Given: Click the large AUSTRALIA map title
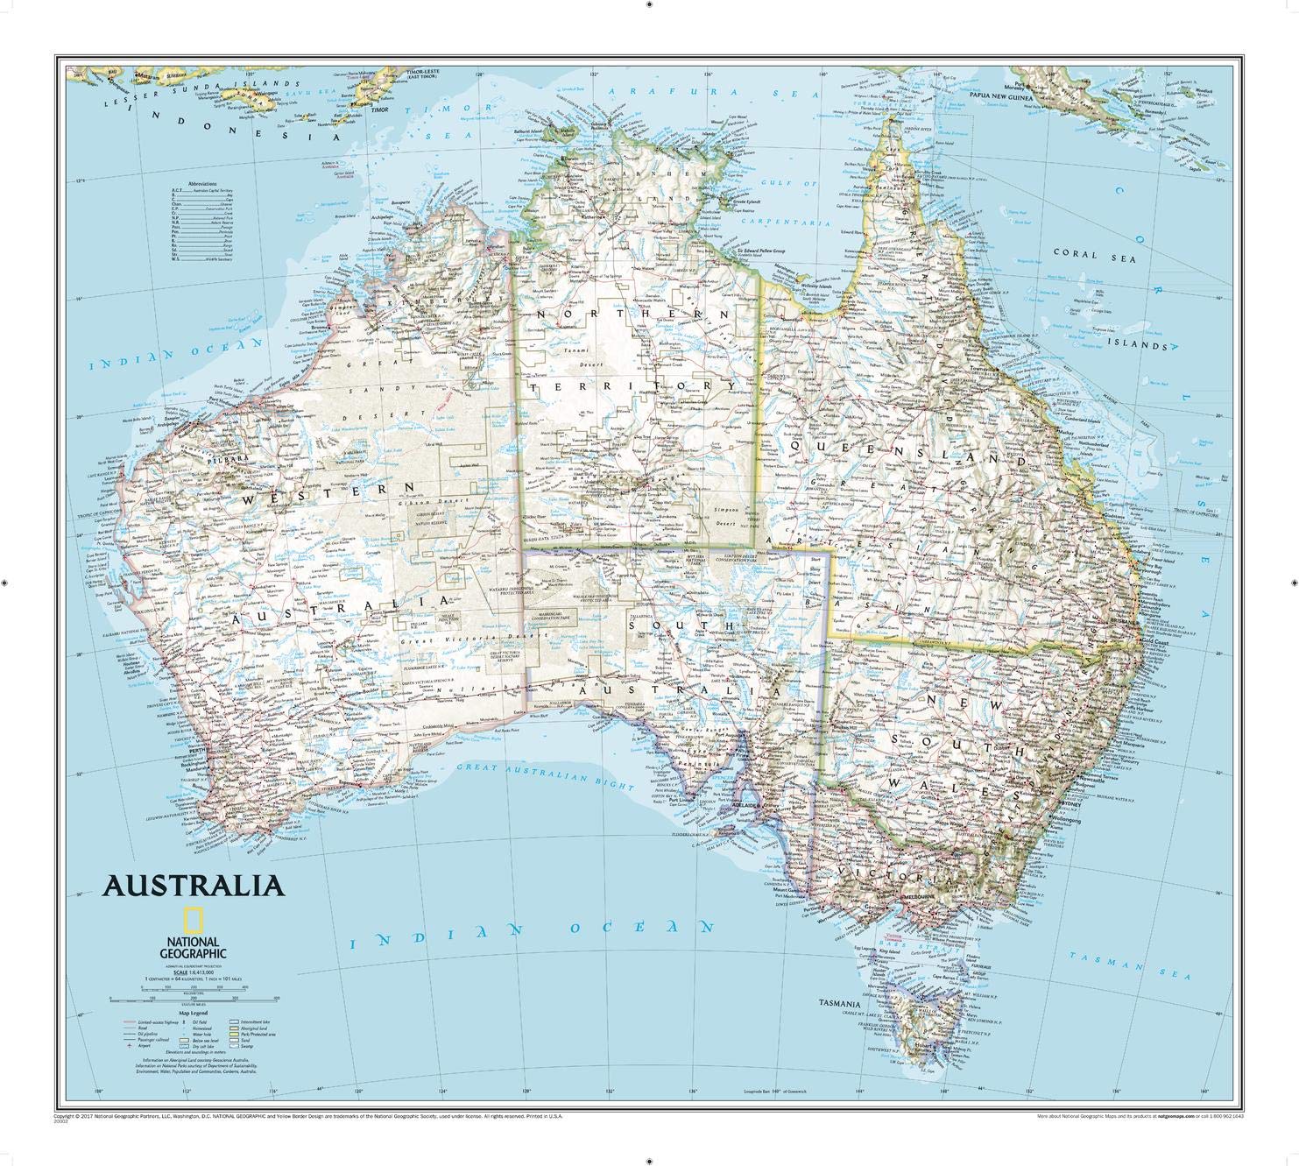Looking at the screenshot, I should pyautogui.click(x=194, y=884).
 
